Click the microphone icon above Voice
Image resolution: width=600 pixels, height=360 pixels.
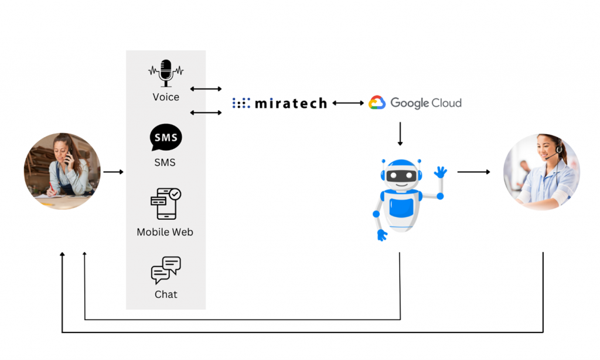pyautogui.click(x=166, y=73)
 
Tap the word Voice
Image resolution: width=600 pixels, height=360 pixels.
pyautogui.click(x=166, y=97)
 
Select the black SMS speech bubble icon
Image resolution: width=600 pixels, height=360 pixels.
pyautogui.click(x=166, y=138)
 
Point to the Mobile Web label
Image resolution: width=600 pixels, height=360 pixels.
pyautogui.click(x=165, y=232)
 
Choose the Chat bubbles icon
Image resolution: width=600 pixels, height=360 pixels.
pyautogui.click(x=166, y=270)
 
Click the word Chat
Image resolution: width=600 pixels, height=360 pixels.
pyautogui.click(x=166, y=294)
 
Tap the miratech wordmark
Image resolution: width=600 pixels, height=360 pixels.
pyautogui.click(x=291, y=104)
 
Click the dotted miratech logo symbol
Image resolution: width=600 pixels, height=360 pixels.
pyautogui.click(x=241, y=103)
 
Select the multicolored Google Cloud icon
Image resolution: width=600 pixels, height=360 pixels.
pyautogui.click(x=377, y=103)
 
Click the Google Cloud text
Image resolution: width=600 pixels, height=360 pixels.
pyautogui.click(x=426, y=103)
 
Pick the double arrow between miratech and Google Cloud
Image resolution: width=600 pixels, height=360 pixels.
pyautogui.click(x=348, y=103)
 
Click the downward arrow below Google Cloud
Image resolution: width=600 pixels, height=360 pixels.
pyautogui.click(x=400, y=134)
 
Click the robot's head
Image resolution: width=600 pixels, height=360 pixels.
pyautogui.click(x=401, y=174)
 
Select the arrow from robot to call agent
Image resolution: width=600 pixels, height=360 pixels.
pyautogui.click(x=473, y=172)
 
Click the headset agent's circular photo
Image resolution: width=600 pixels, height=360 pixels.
pyautogui.click(x=541, y=172)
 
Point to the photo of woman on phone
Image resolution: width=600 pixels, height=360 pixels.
pyautogui.click(x=62, y=171)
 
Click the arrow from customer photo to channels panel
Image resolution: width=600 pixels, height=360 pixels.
pyautogui.click(x=114, y=172)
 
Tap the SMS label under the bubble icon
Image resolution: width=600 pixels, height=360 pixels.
pyautogui.click(x=165, y=162)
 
